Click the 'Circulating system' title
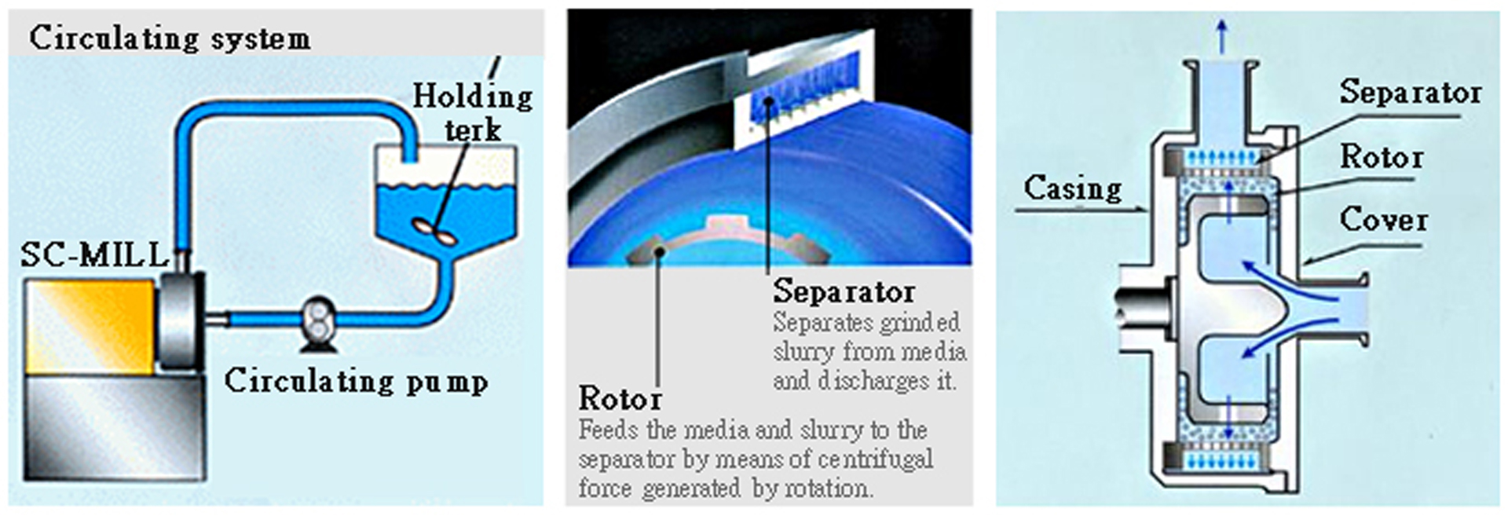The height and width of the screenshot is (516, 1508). pyautogui.click(x=170, y=38)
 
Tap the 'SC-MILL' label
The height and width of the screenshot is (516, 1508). pyautogui.click(x=94, y=254)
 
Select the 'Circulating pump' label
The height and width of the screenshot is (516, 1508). pyautogui.click(x=356, y=381)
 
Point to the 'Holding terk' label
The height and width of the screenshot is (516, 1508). pyautogui.click(x=473, y=112)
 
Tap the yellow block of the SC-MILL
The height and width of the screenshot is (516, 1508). pyautogui.click(x=90, y=326)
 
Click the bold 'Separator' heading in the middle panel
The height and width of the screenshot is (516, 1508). pyautogui.click(x=844, y=291)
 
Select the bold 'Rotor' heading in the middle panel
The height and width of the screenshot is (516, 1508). pyautogui.click(x=620, y=398)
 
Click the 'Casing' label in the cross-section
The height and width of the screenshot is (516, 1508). pyautogui.click(x=1073, y=188)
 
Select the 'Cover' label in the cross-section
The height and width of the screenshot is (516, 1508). pyautogui.click(x=1383, y=220)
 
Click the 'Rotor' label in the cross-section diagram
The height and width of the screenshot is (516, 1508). pyautogui.click(x=1382, y=157)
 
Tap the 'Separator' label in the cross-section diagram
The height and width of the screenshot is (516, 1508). pyautogui.click(x=1411, y=92)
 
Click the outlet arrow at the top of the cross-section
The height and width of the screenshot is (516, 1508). pyautogui.click(x=1221, y=36)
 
